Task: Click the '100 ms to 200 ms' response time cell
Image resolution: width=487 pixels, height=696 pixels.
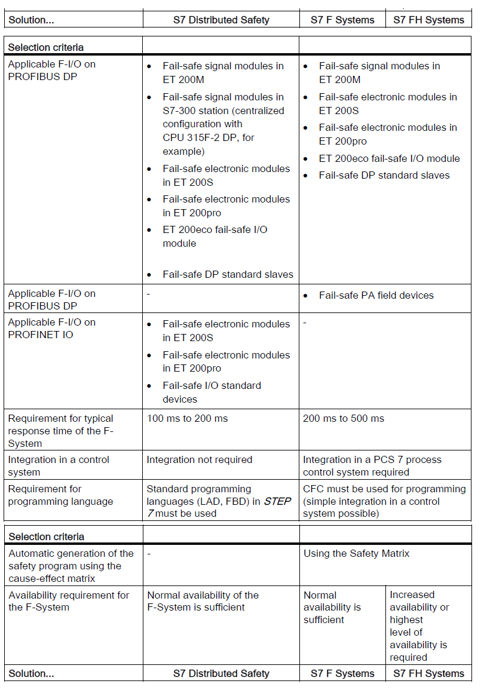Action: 188,418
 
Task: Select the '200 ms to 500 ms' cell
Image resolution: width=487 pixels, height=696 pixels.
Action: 344,418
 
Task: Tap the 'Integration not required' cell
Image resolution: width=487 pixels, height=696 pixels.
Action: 200,459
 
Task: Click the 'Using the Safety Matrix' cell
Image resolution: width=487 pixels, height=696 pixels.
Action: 356,553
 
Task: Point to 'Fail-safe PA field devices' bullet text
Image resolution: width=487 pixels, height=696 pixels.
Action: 376,295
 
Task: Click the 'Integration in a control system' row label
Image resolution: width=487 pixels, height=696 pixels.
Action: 59,465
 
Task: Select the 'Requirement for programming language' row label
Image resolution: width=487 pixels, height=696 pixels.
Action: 60,495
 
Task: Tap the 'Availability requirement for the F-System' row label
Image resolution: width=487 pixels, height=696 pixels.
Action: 69,601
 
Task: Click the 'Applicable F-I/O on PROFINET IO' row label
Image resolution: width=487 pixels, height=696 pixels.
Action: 51,328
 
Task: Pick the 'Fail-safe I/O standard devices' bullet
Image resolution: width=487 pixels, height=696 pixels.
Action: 212,392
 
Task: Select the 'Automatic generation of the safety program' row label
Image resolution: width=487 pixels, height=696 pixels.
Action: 71,566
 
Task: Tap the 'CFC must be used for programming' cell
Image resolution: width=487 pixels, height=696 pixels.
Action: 384,501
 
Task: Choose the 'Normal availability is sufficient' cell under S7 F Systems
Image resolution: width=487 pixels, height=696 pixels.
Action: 332,607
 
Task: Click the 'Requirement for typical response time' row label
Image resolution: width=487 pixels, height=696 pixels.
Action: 60,431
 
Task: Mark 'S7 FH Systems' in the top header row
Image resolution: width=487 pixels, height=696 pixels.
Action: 428,20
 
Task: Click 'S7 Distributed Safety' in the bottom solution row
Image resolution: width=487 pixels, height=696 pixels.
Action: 221,673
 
